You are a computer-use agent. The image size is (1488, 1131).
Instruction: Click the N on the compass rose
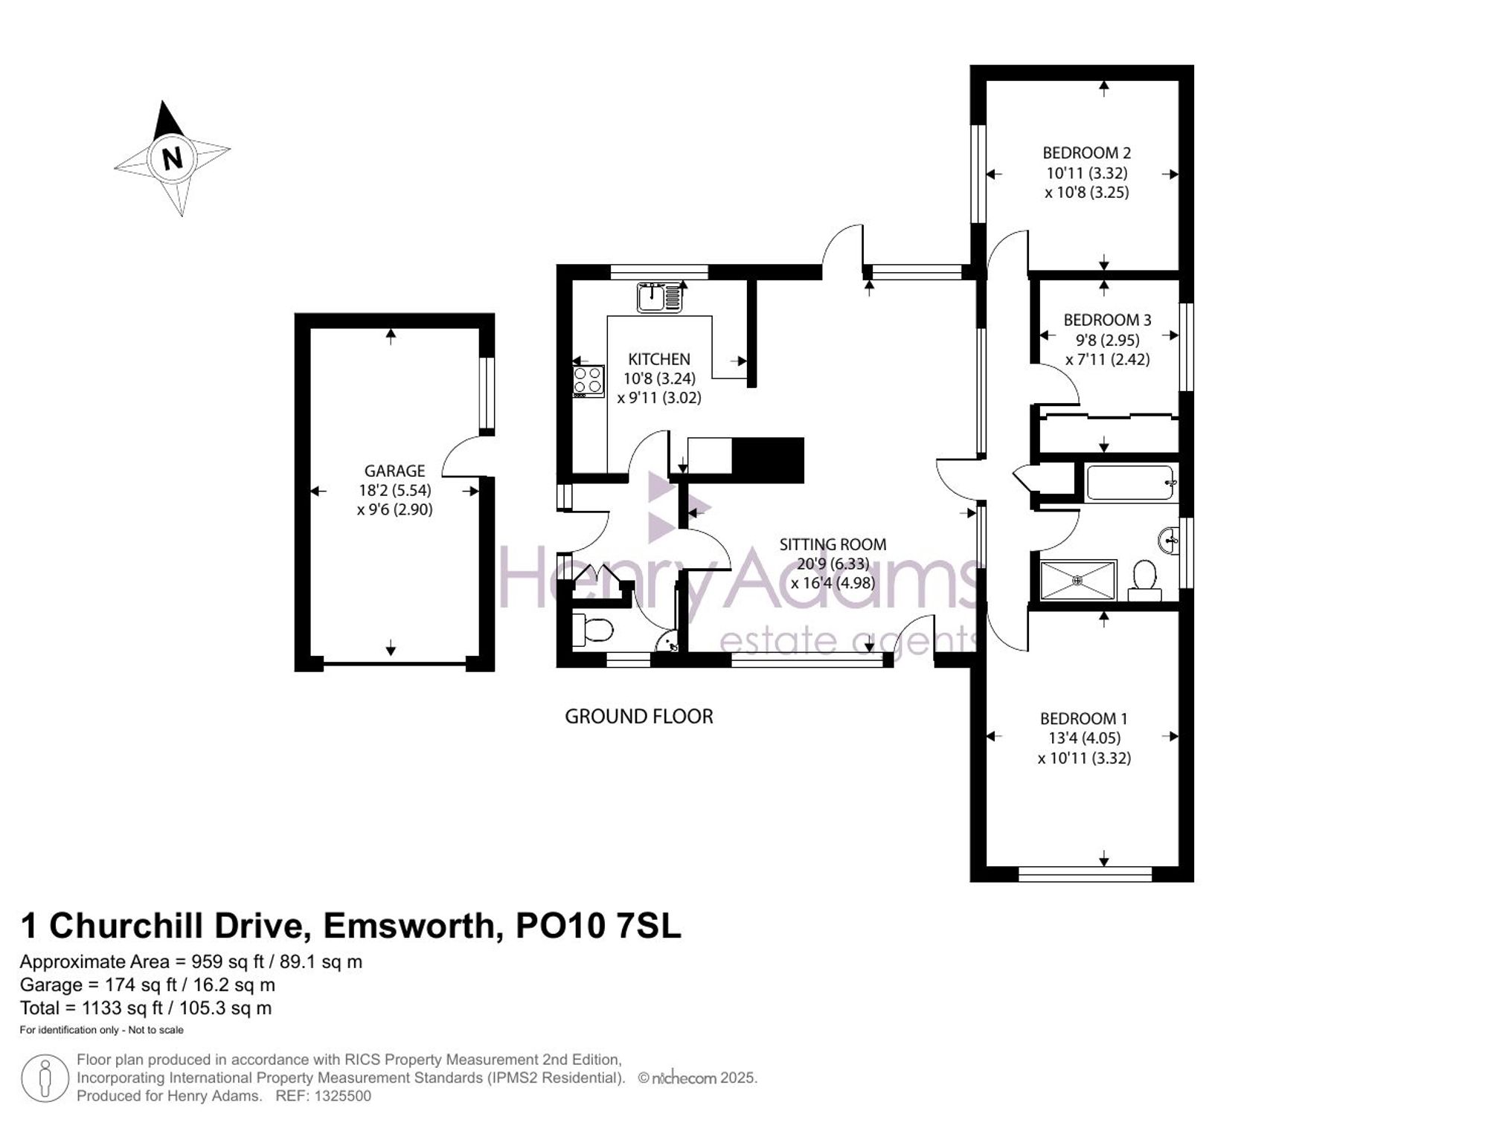click(173, 158)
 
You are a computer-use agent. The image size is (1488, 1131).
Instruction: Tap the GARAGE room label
click(394, 471)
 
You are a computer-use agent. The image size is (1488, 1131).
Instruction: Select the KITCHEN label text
click(659, 359)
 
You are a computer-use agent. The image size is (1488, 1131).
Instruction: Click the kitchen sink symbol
click(659, 297)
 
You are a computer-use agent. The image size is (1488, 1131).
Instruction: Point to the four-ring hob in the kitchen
click(588, 381)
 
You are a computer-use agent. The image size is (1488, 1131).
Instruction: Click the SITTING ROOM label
click(833, 544)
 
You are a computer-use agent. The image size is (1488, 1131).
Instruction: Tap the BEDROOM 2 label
click(1086, 153)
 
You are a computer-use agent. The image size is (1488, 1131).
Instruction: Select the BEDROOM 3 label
click(1107, 320)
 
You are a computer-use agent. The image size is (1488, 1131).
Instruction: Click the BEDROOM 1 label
click(1083, 719)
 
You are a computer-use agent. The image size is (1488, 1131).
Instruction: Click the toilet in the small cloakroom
click(593, 631)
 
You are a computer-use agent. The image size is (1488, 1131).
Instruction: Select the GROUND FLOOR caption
click(639, 717)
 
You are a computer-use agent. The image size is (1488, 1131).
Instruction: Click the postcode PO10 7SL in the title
click(598, 927)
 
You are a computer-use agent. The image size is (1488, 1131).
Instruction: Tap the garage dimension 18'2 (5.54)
click(394, 491)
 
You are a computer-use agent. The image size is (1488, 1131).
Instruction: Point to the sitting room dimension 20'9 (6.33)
click(833, 564)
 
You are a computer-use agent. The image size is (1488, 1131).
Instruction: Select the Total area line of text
click(146, 1008)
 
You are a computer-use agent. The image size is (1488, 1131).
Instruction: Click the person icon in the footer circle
click(45, 1078)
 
